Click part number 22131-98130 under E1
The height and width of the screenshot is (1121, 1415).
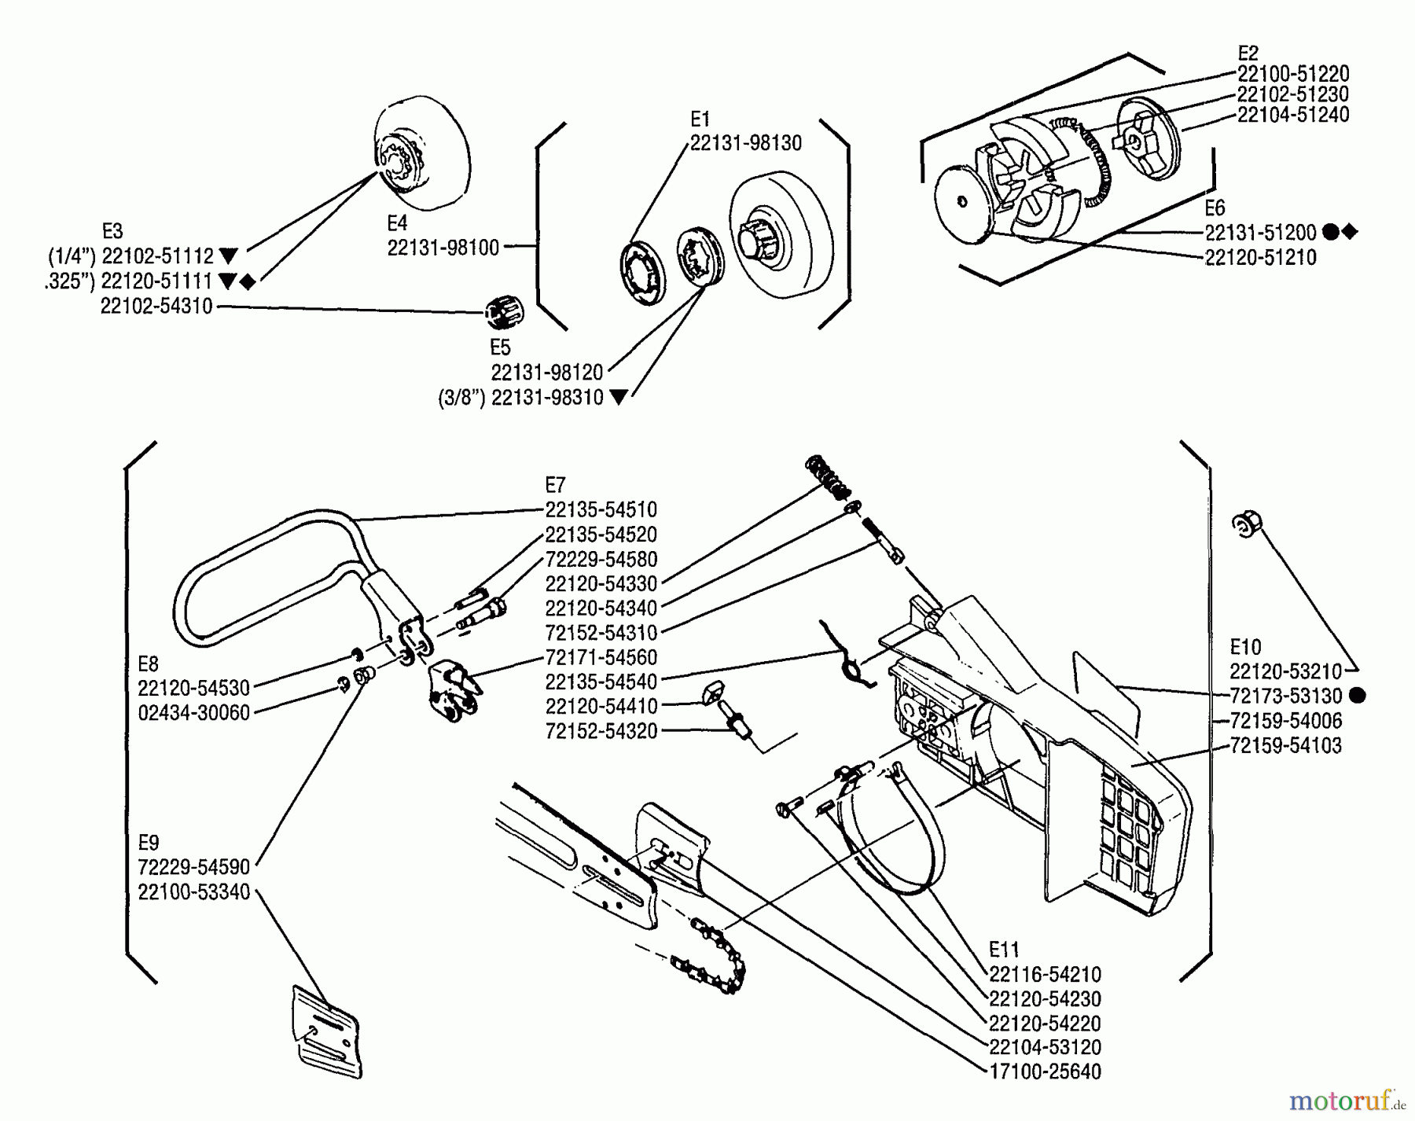[x=745, y=143]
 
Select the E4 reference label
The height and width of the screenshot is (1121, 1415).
[x=397, y=222]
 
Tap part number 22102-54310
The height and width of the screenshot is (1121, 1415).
[x=156, y=307]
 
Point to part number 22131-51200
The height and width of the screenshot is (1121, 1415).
[x=1260, y=233]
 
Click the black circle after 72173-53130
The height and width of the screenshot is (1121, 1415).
[x=1357, y=696]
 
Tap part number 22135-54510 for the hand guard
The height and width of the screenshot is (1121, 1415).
[x=601, y=509]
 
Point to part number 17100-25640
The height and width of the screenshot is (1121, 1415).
[x=1045, y=1071]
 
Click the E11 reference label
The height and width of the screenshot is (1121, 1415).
[x=1004, y=949]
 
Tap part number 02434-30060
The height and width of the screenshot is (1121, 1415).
[x=193, y=713]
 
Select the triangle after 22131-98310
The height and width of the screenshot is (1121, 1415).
[x=619, y=398]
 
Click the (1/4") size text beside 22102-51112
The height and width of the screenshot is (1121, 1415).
[x=72, y=256]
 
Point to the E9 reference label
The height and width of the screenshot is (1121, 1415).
[x=149, y=843]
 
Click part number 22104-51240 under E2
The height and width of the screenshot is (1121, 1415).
[x=1292, y=115]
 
